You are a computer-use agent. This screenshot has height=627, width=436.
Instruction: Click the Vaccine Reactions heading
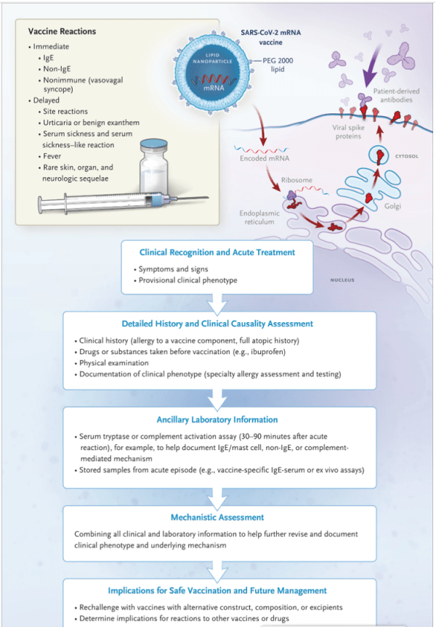(x=62, y=32)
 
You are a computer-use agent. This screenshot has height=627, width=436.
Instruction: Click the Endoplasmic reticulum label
(x=260, y=218)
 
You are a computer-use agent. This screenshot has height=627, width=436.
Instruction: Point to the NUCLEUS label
(x=342, y=279)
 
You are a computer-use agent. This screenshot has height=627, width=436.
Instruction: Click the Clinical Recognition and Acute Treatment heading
(x=217, y=253)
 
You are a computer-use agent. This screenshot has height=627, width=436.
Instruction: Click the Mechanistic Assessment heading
(x=217, y=517)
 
